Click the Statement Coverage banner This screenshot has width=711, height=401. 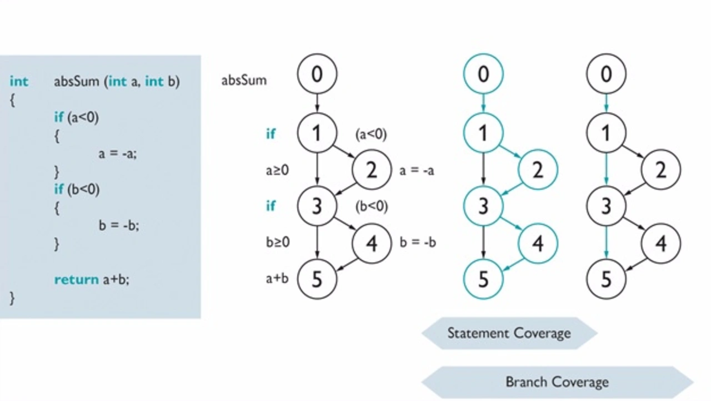click(509, 333)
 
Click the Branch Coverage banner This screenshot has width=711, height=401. click(557, 382)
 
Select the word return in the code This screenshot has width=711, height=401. click(77, 280)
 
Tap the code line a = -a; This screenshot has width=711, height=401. click(118, 154)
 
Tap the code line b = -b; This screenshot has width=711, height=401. click(119, 225)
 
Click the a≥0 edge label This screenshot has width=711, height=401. click(277, 170)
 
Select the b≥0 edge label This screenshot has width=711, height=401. click(278, 242)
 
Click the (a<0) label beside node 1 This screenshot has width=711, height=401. click(371, 135)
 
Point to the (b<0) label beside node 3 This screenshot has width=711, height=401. click(372, 206)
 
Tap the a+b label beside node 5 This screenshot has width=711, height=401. click(277, 279)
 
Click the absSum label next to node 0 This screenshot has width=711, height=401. click(244, 81)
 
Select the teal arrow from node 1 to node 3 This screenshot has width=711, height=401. click(606, 169)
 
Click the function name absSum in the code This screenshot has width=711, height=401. click(77, 82)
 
